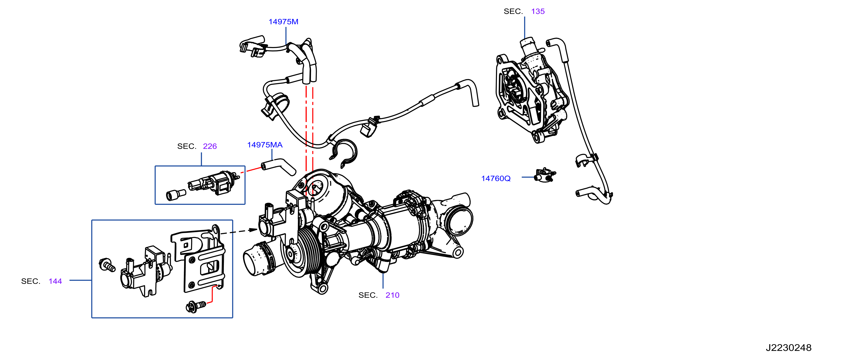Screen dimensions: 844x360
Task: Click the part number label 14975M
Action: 284,22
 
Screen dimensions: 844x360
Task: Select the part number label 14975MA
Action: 265,145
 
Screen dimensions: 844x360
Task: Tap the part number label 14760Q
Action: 496,179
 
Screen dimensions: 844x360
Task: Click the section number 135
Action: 538,11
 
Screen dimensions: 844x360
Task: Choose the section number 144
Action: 55,281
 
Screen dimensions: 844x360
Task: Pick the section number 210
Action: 392,295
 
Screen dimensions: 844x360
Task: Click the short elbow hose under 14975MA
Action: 278,166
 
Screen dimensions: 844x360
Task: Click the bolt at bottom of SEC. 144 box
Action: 196,307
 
